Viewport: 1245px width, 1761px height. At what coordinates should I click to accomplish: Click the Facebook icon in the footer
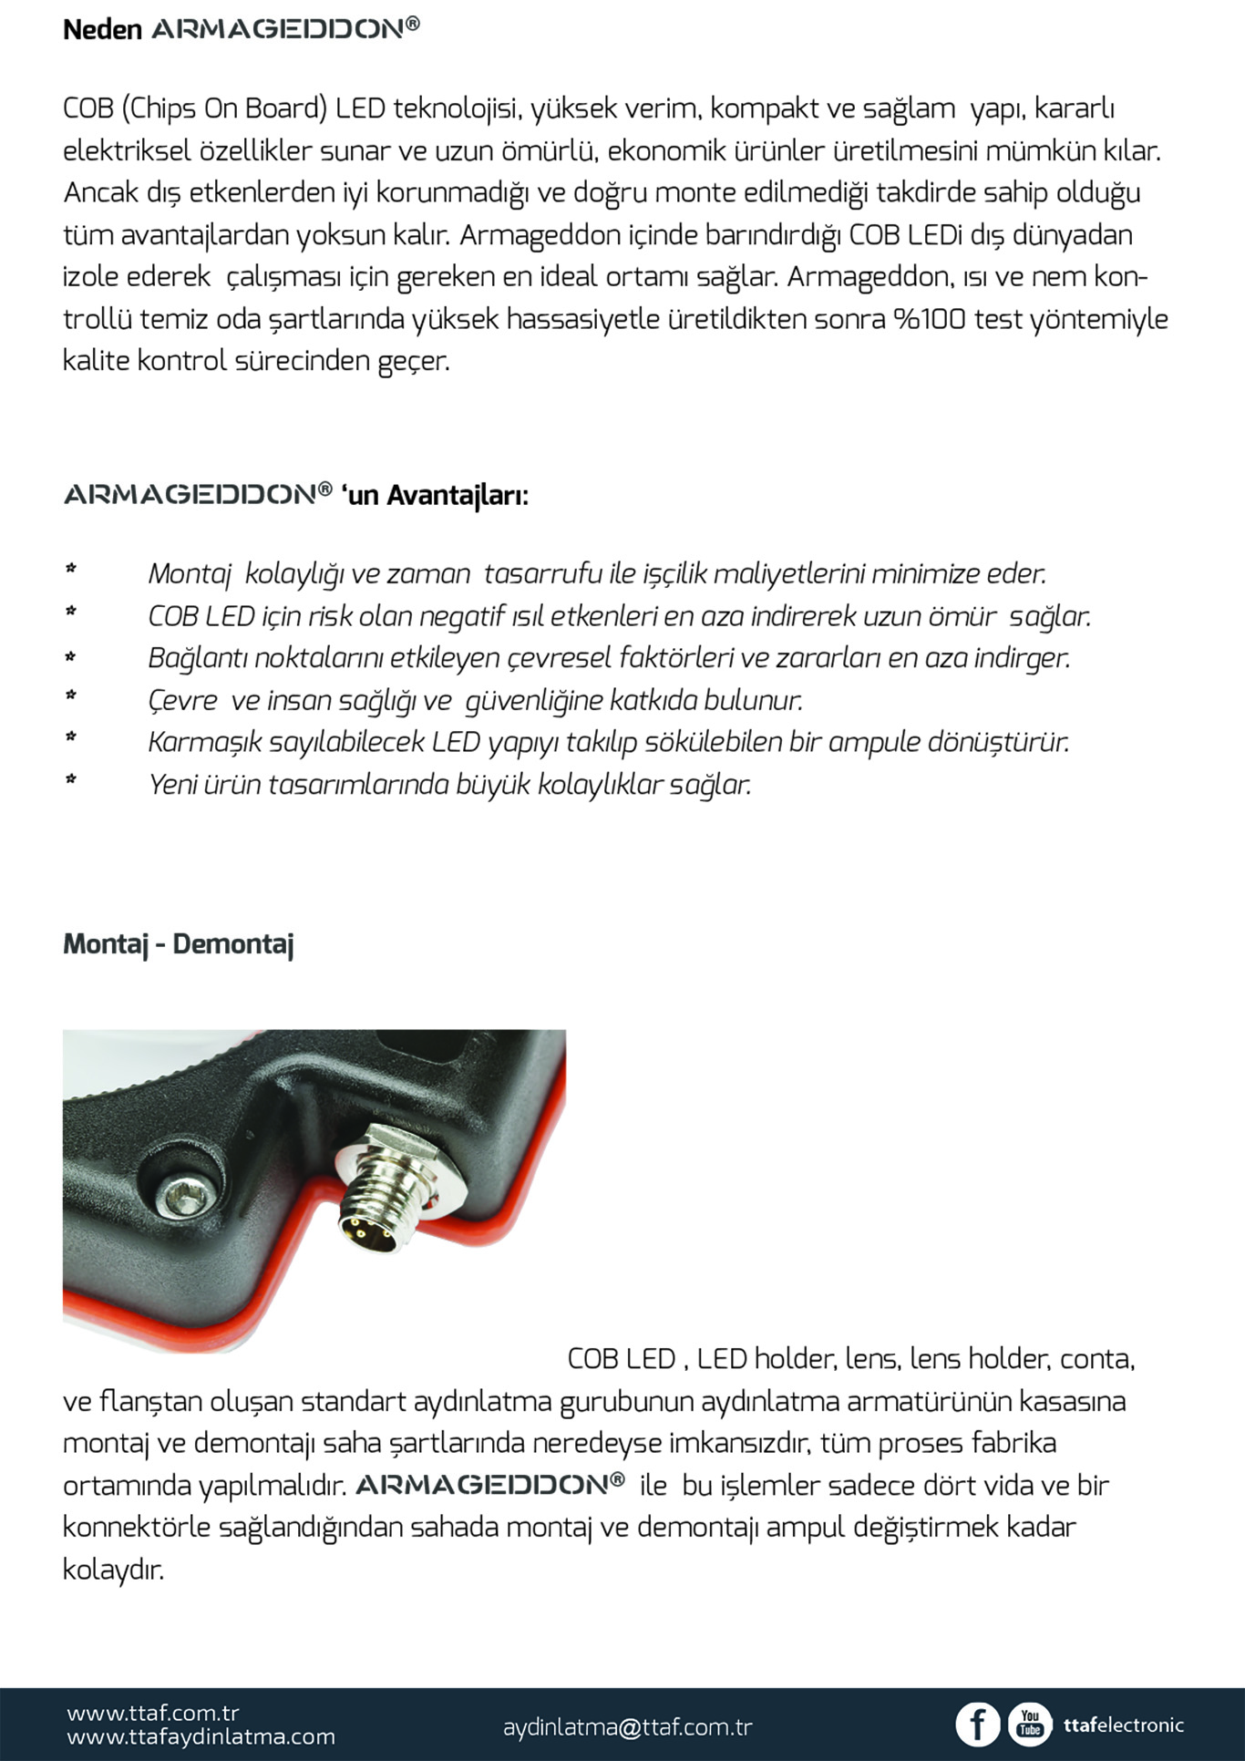[x=977, y=1725]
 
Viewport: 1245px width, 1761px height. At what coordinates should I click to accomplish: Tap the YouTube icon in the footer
[x=1030, y=1725]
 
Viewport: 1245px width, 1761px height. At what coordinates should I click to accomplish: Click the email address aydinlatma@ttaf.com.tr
[x=627, y=1726]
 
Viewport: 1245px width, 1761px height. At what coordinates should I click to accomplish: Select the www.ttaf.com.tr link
[x=152, y=1713]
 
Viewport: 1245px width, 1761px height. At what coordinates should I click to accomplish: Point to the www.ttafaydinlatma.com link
[x=201, y=1737]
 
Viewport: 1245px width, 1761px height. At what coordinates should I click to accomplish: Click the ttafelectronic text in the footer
[x=1123, y=1725]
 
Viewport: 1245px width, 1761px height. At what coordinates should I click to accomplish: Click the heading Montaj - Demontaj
[x=178, y=943]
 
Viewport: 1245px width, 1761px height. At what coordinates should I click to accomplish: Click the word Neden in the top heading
[x=102, y=29]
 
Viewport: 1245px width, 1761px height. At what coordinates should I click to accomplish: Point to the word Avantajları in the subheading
[x=457, y=495]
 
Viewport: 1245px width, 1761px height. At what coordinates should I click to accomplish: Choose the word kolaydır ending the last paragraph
[x=113, y=1570]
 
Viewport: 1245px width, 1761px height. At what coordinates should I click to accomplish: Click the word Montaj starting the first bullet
[x=190, y=574]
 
